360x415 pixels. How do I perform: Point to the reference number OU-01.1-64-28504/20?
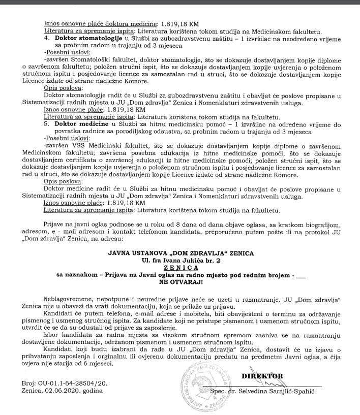[69, 382]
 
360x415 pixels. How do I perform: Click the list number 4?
[46, 38]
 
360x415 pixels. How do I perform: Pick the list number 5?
[46, 123]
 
